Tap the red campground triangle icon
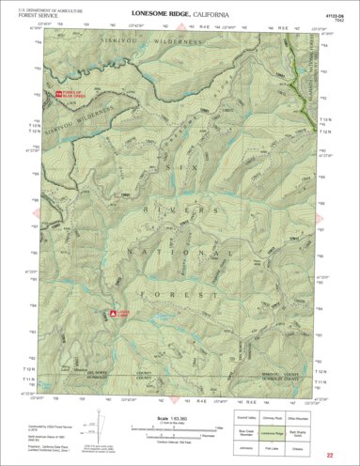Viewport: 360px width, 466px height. coord(113,313)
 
